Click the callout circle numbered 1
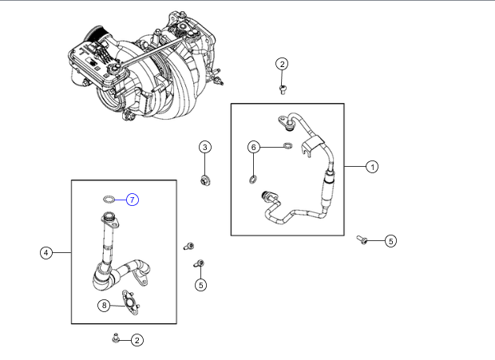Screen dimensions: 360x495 pos(371,167)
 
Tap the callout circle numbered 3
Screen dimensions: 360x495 pos(204,147)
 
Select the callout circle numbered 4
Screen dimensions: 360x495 pos(46,253)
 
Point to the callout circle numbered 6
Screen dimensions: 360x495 pos(253,147)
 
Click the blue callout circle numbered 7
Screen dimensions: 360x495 pos(133,199)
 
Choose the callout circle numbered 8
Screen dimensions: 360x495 pos(104,305)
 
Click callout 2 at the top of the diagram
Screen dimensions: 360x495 pos(282,64)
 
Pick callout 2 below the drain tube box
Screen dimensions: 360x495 pos(137,340)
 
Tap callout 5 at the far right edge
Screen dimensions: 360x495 pos(390,240)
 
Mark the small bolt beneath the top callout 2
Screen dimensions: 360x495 pos(283,89)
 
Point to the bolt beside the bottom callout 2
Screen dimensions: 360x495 pos(117,338)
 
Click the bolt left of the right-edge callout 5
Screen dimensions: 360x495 pos(363,239)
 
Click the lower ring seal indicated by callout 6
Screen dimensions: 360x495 pos(253,176)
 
